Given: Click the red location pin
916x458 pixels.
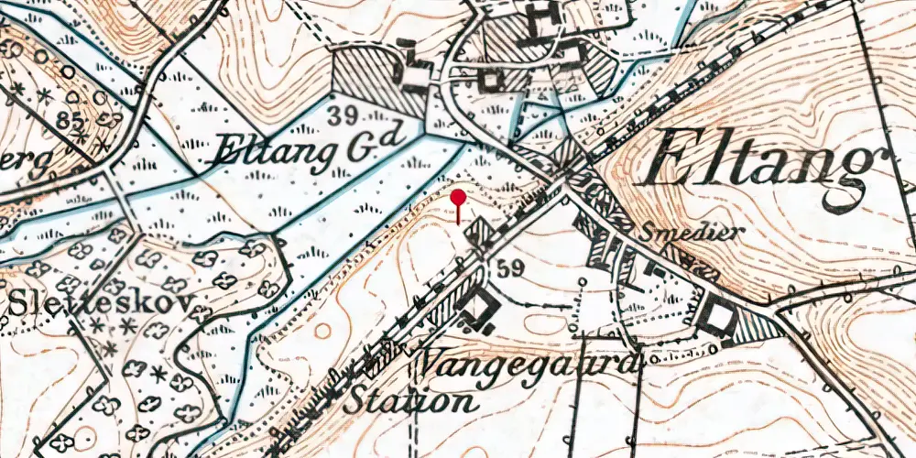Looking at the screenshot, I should (458, 199).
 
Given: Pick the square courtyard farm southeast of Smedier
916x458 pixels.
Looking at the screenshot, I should (718, 317).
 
